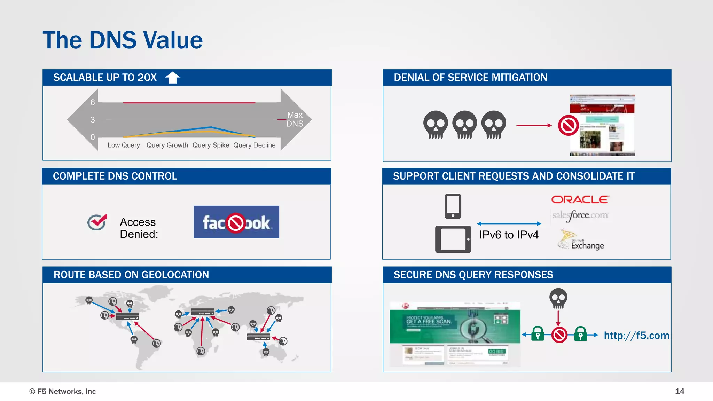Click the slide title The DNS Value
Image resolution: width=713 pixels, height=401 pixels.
(x=123, y=40)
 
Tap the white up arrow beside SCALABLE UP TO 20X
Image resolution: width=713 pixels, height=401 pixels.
(x=172, y=77)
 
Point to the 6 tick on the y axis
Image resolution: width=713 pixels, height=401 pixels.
(x=93, y=102)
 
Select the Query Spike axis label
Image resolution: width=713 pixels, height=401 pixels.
(x=211, y=145)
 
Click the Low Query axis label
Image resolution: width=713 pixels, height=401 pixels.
(x=124, y=145)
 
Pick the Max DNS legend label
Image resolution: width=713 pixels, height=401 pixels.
(x=295, y=119)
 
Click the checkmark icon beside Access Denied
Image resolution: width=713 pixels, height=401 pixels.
(x=97, y=222)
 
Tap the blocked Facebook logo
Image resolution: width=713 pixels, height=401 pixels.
(x=236, y=222)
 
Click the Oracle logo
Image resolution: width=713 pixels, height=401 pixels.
(x=580, y=199)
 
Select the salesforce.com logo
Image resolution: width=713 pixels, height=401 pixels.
(x=580, y=215)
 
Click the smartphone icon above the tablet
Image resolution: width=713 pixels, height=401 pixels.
(x=453, y=206)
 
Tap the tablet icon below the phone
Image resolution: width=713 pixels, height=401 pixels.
(x=453, y=239)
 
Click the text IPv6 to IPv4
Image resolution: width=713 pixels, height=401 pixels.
(x=509, y=235)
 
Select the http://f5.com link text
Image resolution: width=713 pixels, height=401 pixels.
(x=636, y=336)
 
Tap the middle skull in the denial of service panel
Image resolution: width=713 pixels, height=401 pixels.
(x=464, y=125)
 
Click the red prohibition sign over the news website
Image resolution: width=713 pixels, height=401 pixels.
(x=568, y=125)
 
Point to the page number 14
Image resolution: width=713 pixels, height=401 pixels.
(x=680, y=391)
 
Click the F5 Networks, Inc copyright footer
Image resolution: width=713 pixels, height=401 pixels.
(x=63, y=392)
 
